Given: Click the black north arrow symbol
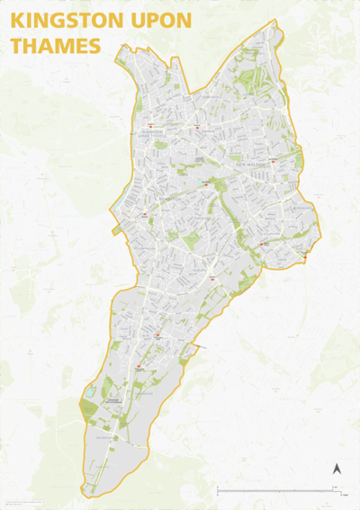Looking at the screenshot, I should tap(337, 469).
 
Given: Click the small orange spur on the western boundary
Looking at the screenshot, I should tap(116, 231).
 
